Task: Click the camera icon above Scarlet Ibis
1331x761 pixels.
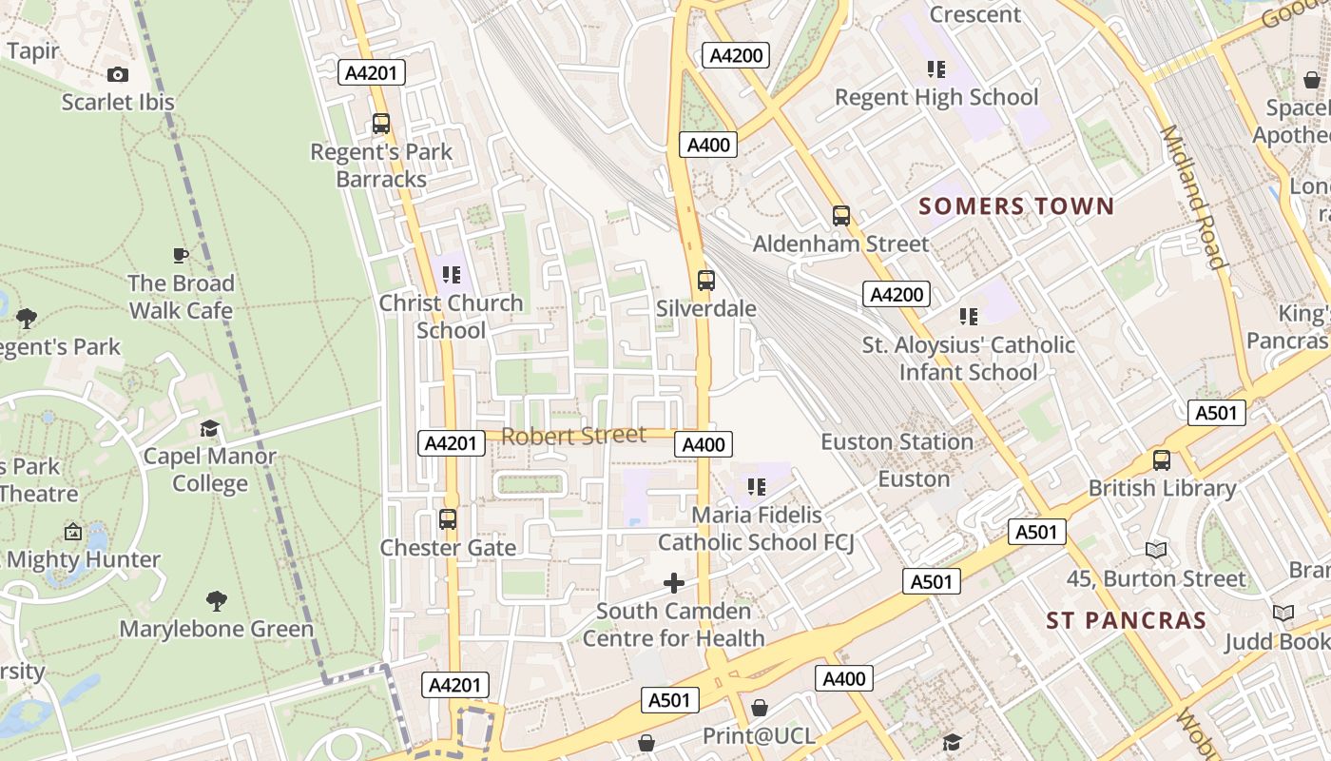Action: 117,74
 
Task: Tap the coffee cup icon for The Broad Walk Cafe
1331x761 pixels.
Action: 181,255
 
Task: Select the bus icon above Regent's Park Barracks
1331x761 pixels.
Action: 381,123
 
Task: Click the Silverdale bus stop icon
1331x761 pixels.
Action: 705,280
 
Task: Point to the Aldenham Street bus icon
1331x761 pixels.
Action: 841,215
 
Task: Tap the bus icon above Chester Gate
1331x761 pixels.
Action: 448,519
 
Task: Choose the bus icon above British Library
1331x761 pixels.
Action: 1162,460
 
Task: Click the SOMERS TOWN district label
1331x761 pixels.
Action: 1015,206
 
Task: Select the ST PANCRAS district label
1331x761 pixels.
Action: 1126,621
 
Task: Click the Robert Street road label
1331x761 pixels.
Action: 573,436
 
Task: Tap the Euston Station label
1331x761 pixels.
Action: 897,442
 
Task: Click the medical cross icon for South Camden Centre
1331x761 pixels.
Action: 674,582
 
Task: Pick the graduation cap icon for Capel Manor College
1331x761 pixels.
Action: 209,429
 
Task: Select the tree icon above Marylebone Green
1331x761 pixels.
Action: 217,601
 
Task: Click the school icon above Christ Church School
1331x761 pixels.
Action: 452,275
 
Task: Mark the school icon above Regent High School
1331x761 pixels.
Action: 936,69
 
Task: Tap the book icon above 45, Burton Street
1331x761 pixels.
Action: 1156,550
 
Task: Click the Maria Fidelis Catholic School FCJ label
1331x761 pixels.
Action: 756,529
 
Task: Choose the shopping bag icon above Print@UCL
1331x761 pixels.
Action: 759,708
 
